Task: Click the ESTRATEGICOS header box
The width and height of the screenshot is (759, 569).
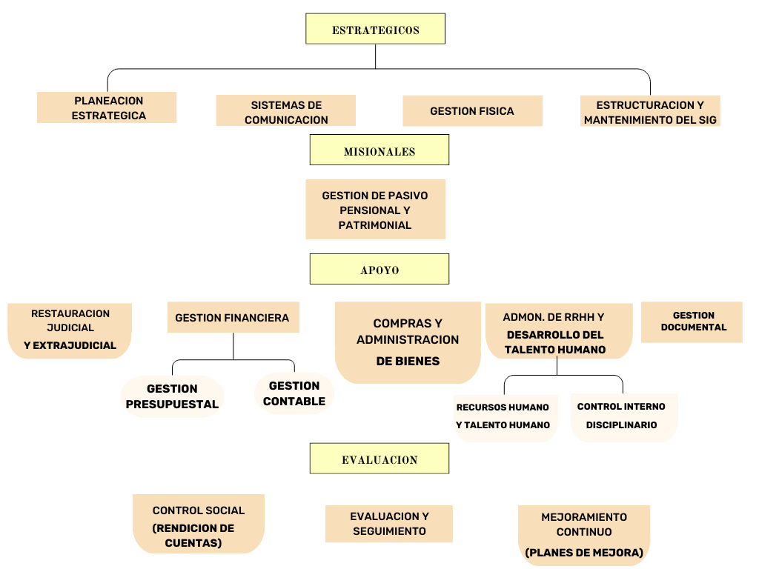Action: tap(375, 29)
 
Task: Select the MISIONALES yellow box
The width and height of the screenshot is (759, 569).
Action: tap(379, 150)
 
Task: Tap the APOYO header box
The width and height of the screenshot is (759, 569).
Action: tap(379, 269)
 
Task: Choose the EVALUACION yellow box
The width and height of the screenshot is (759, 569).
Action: tap(379, 459)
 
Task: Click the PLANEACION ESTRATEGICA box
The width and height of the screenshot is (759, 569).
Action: tap(107, 107)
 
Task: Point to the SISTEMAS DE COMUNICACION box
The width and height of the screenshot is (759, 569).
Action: tap(286, 111)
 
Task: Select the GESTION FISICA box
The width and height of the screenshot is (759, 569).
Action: tap(472, 111)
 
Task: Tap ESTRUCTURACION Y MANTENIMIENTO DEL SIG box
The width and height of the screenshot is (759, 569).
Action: tap(650, 112)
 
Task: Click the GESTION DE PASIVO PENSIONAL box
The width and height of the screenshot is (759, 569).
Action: tap(375, 210)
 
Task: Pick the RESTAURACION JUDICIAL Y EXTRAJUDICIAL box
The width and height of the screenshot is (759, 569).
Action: tap(70, 330)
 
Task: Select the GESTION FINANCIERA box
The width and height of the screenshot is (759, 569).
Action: tap(233, 317)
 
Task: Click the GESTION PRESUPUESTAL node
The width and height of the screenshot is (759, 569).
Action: tap(172, 396)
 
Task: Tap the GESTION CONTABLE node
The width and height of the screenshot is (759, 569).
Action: tap(294, 393)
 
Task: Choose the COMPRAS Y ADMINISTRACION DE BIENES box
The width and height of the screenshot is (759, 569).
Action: tap(408, 342)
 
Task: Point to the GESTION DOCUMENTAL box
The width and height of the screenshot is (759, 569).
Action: tap(692, 322)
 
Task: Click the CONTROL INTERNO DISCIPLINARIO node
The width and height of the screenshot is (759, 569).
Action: tap(623, 416)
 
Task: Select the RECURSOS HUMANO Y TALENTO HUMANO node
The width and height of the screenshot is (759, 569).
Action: tap(504, 416)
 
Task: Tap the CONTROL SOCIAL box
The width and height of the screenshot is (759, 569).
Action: tap(198, 523)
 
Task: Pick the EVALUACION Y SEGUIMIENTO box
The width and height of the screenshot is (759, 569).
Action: tap(389, 524)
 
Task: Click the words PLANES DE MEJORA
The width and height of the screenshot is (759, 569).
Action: tap(584, 553)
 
